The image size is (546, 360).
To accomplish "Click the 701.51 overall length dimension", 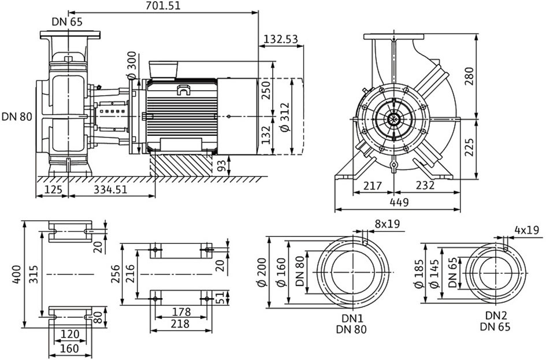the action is pos(164,6).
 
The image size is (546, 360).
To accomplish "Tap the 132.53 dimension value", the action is pos(281,39).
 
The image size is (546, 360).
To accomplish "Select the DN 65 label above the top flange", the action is pos(67,22).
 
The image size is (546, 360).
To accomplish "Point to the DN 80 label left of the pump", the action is pos(17,116).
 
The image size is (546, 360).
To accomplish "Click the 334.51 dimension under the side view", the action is pos(110,190).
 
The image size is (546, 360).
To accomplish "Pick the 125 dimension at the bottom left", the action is pos(53,190).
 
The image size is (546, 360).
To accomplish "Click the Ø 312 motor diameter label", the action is pos(285,117).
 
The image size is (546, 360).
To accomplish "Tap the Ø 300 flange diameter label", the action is pos(132,65).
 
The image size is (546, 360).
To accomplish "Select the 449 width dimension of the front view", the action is pos(399,202).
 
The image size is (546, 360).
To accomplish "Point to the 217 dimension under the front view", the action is pos(373,185).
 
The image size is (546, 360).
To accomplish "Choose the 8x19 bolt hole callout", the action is pos(387,224).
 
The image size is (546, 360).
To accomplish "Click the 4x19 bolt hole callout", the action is pos(526,230).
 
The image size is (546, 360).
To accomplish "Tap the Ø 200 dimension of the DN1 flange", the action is pos(262,272).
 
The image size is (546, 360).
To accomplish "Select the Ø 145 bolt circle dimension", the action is pos(434,274).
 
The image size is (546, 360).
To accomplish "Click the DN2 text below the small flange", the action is pos(496,316).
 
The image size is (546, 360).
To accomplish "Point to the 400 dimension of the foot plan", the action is pos(17,274).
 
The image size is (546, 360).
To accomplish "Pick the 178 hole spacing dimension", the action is pos(181,311).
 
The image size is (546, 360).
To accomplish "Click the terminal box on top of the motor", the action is pos(164,69).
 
